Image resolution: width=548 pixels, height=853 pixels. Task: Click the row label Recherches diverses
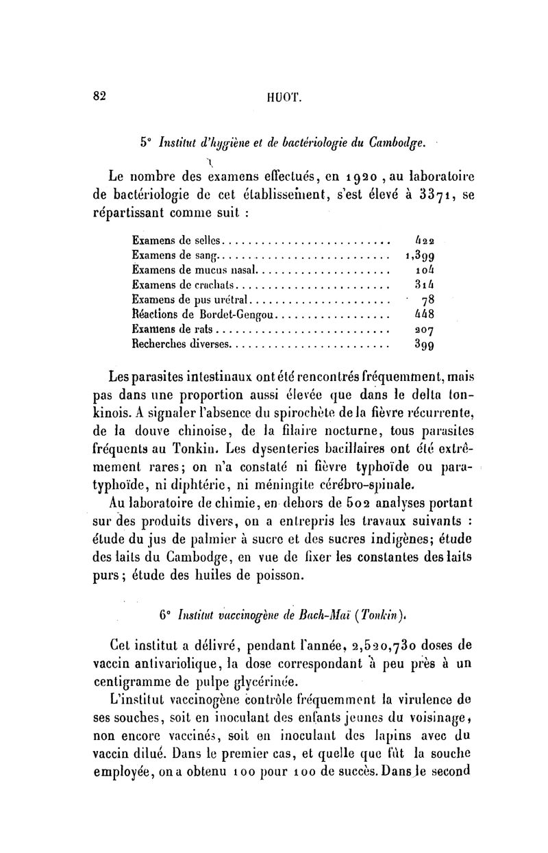[x=182, y=344]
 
